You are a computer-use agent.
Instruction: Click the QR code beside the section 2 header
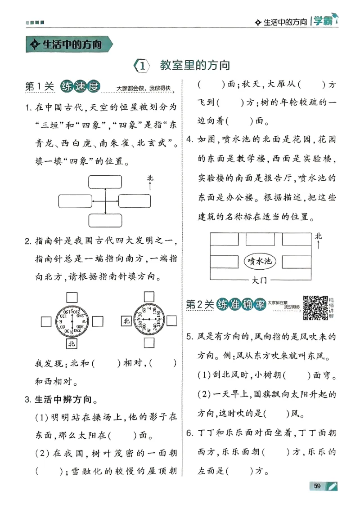(315, 307)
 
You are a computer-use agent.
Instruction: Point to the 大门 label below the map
(260, 280)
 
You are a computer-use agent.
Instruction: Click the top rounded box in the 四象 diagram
(105, 182)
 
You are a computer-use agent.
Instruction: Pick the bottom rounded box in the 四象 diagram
(105, 220)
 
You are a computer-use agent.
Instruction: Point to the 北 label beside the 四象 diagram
(150, 178)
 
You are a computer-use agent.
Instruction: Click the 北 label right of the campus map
(319, 236)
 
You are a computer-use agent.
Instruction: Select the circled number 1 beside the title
(141, 66)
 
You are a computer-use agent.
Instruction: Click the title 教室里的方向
(195, 66)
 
